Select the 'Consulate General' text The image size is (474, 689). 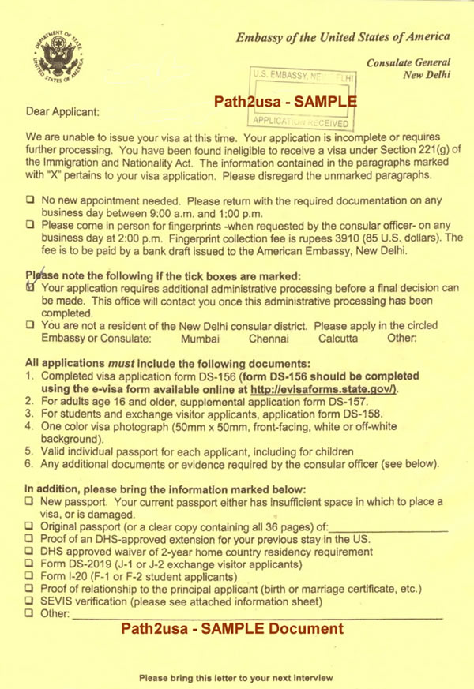(407, 62)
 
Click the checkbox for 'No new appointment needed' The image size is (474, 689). (29, 200)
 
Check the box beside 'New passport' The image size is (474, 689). (29, 501)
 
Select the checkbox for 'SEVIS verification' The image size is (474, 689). (29, 601)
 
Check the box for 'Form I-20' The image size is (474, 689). (29, 576)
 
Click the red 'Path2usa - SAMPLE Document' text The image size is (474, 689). (231, 629)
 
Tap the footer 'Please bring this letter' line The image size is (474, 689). (236, 678)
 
